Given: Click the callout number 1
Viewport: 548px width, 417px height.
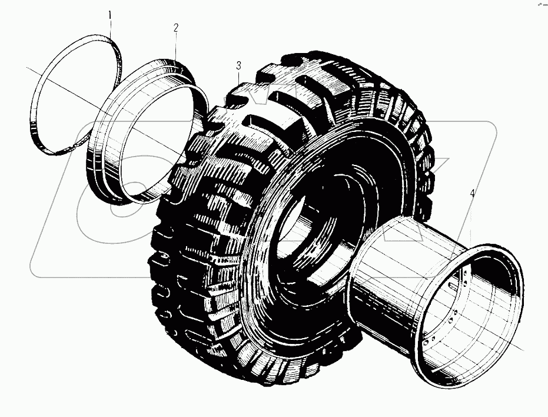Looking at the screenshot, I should [x=108, y=12].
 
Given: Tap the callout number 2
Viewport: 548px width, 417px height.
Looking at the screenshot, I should [x=175, y=28].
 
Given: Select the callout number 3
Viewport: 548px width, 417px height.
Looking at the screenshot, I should [x=238, y=64].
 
